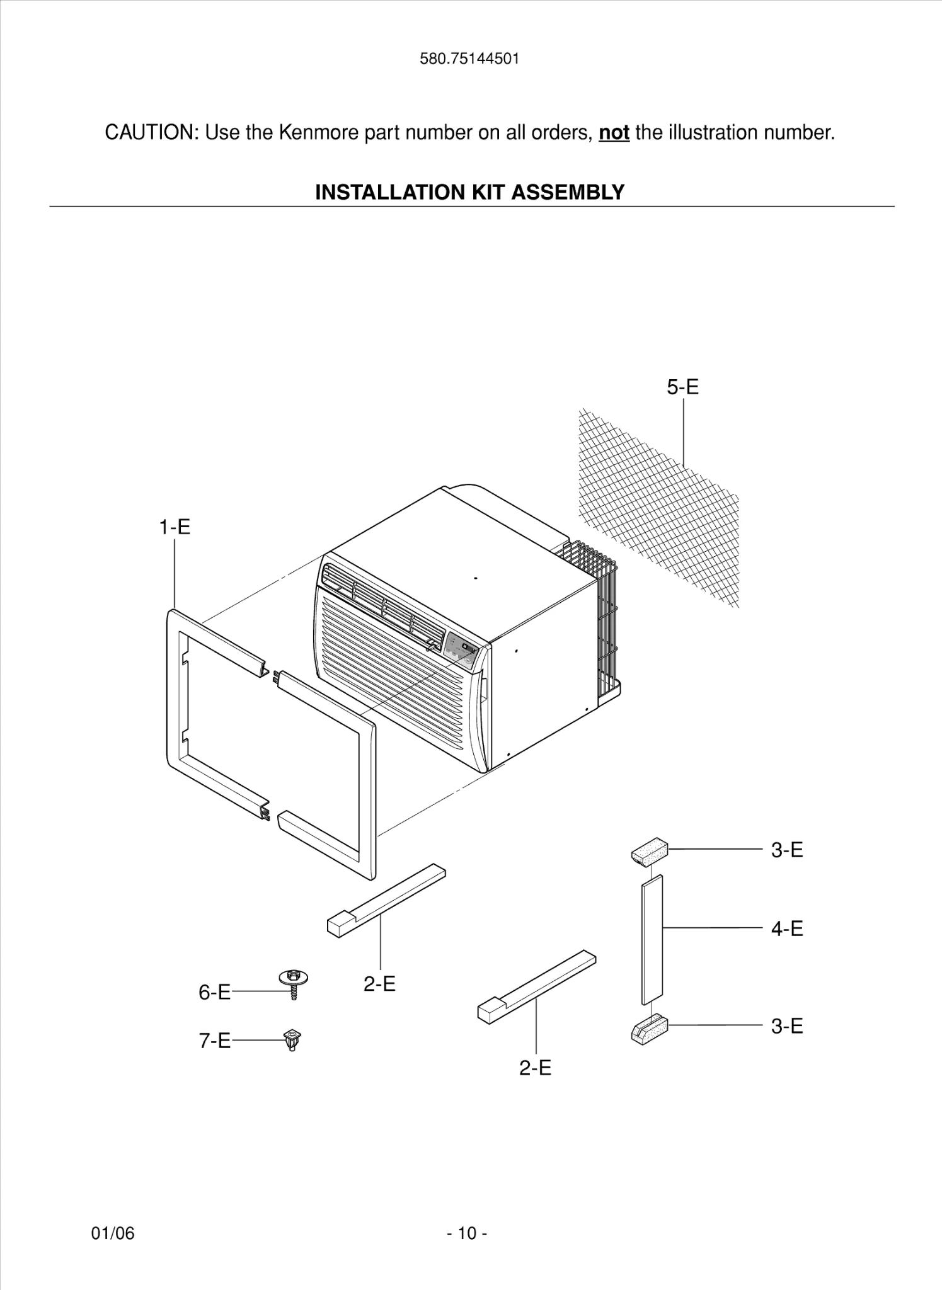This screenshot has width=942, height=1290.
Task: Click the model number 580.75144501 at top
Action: (469, 59)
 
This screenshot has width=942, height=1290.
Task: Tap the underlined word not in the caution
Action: (614, 133)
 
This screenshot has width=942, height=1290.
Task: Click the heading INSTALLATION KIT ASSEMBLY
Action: (469, 192)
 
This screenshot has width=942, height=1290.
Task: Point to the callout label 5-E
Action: (683, 387)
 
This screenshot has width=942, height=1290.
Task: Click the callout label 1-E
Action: (174, 527)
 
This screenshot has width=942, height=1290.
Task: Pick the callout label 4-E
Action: (787, 928)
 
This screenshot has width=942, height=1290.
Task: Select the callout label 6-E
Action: (214, 992)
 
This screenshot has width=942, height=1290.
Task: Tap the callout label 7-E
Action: (214, 1041)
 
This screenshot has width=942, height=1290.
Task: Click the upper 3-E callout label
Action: (787, 850)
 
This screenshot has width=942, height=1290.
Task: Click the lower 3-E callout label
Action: (787, 1026)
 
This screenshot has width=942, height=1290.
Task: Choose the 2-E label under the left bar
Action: (379, 983)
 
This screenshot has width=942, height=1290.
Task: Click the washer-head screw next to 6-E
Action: (293, 983)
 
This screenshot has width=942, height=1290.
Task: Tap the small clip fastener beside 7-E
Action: (292, 1039)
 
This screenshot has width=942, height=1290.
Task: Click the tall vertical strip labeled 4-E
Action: (652, 939)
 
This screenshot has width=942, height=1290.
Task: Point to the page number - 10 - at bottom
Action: (467, 1233)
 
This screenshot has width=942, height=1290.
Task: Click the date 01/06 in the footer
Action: (113, 1233)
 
